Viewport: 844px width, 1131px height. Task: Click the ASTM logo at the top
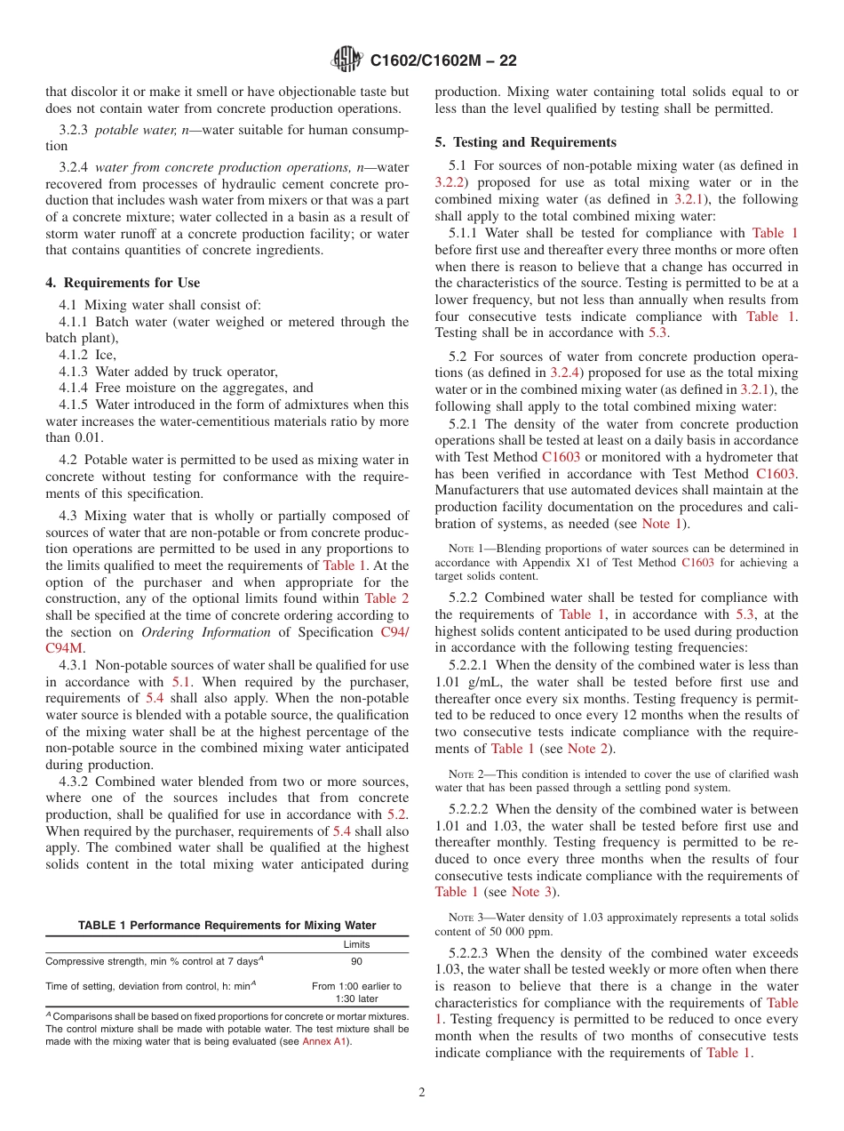(346, 60)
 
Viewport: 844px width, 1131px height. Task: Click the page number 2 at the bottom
(422, 1093)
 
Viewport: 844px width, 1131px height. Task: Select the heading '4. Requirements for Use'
(123, 283)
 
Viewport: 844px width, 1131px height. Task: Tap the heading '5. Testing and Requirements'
(525, 142)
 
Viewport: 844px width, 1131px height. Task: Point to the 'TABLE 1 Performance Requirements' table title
(227, 926)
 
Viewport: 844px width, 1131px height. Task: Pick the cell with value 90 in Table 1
(356, 962)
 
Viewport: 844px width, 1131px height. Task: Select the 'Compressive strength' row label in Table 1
(151, 962)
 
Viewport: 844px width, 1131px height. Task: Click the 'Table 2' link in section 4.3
(387, 598)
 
